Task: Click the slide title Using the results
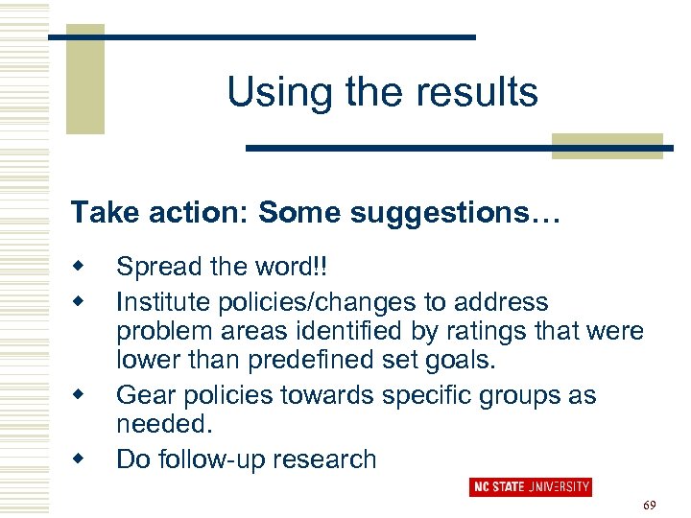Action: tap(382, 93)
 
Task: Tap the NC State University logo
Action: tap(530, 487)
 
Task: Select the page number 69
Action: tap(648, 505)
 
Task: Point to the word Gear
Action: tap(142, 395)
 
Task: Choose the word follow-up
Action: tap(220, 459)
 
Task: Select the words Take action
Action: tap(139, 212)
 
